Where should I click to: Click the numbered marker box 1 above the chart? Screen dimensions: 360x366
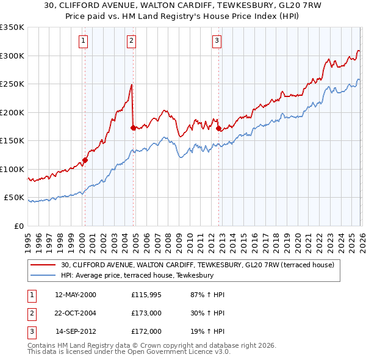click(x=83, y=41)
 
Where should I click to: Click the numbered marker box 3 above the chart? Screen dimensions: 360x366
click(x=217, y=41)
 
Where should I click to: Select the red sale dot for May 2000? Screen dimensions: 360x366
click(x=85, y=160)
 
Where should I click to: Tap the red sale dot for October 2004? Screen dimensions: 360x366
click(x=133, y=128)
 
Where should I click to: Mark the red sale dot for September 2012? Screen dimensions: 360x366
click(x=218, y=128)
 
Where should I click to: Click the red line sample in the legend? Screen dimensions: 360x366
click(x=44, y=265)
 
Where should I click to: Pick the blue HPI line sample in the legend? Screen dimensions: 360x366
click(x=44, y=276)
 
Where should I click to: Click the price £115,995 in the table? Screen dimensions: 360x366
click(x=147, y=295)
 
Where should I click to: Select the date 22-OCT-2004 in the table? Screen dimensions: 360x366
click(x=76, y=313)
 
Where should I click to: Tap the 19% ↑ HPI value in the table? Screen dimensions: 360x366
click(x=207, y=331)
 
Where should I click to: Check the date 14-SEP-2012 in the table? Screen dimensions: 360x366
click(x=76, y=331)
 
